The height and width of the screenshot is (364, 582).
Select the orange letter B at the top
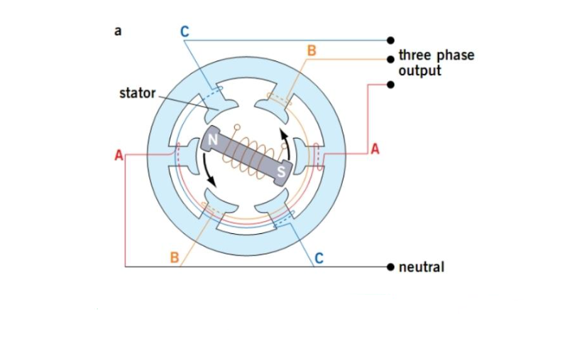310,51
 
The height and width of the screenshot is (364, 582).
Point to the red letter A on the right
375,149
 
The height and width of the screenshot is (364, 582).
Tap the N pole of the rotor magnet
212,138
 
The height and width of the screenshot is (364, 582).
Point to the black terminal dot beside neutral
390,267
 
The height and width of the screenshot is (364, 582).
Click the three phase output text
436,63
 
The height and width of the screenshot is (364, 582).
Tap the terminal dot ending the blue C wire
390,40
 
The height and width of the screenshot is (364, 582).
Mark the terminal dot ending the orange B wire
390,60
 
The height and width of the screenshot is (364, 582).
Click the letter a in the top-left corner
117,31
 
